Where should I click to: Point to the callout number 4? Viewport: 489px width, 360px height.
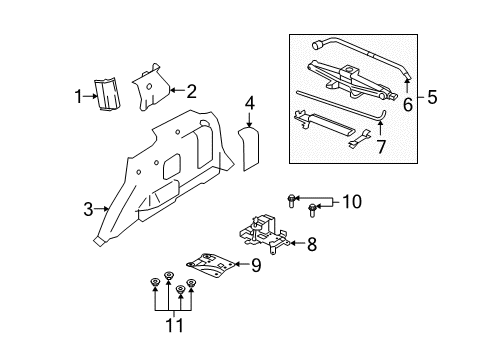click(250, 103)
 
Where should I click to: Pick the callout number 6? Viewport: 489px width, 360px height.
click(407, 103)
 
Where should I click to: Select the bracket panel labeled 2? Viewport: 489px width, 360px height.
click(150, 88)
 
